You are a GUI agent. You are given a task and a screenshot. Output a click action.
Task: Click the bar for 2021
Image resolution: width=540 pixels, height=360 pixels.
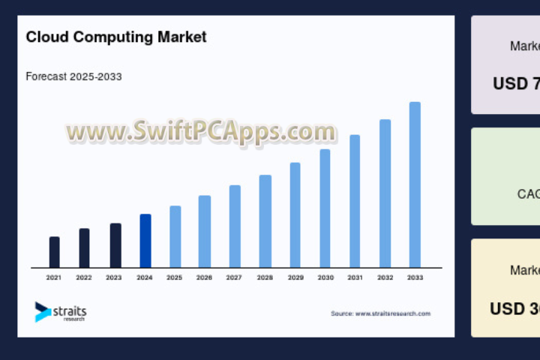54,252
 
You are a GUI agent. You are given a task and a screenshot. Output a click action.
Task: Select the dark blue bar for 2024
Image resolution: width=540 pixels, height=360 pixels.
145,241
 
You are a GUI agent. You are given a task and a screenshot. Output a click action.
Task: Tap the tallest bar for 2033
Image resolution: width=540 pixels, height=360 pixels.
415,184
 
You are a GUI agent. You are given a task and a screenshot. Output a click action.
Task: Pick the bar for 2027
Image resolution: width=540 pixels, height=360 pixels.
235,226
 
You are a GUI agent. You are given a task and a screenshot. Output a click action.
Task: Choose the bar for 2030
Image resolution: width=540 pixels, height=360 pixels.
325,208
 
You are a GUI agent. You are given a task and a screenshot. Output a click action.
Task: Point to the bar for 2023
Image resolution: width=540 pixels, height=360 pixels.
115,245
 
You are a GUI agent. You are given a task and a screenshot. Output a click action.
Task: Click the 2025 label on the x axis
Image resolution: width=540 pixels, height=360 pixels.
174,277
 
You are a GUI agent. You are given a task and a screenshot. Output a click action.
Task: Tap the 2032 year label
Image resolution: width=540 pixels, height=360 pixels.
385,277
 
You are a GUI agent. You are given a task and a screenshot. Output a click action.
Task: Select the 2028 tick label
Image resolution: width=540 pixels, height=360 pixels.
265,277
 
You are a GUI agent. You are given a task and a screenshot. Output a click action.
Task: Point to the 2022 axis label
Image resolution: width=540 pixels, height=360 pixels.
84,277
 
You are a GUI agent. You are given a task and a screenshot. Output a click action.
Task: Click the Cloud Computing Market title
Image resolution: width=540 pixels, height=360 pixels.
115,36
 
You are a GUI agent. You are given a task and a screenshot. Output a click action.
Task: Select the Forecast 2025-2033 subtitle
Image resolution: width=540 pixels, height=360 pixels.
73,76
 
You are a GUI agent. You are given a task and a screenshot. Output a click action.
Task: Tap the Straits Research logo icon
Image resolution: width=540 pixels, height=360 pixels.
43,311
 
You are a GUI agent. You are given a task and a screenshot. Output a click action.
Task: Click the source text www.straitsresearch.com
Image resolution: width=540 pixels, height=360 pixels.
380,313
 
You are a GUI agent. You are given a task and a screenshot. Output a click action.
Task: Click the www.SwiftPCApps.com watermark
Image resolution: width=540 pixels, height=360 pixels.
201,132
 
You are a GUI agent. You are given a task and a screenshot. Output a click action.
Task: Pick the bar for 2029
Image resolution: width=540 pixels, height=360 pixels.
295,214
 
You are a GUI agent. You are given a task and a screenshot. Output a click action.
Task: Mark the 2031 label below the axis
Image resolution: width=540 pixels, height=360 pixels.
355,277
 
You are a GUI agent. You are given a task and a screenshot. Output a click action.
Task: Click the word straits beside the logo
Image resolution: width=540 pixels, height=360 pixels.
70,309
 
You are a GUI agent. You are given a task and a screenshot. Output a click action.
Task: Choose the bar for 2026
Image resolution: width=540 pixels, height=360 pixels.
205,231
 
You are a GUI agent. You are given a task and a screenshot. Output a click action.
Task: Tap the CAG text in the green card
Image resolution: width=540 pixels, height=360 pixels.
528,194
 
